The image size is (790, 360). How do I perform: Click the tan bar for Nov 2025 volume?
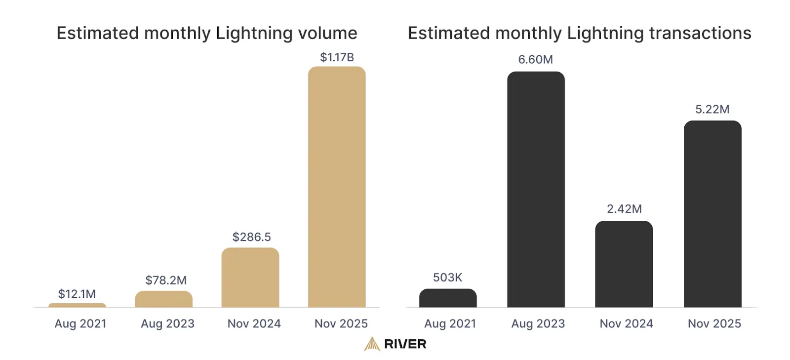point(337,188)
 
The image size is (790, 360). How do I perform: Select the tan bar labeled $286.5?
point(250,278)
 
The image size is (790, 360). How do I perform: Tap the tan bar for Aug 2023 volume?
point(163,299)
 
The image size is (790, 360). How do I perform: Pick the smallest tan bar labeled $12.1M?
point(77,305)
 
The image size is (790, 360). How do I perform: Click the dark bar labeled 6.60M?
point(536,190)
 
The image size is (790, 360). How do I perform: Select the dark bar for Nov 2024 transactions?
point(624,264)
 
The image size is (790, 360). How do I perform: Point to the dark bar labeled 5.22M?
point(712,215)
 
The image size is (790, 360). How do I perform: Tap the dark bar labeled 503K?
point(448,298)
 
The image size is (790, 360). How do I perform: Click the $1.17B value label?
point(337,57)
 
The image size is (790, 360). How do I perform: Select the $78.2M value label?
point(166,280)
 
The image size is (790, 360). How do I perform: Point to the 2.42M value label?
point(624,209)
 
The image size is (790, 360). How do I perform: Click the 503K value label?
point(447,278)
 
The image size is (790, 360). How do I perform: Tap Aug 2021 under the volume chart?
point(80,323)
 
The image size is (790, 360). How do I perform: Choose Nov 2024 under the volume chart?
point(254,323)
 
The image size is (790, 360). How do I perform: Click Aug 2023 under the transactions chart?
point(538,323)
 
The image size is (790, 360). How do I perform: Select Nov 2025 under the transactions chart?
point(714,323)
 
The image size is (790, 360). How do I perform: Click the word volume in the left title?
point(327,33)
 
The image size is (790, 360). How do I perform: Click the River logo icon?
point(372,344)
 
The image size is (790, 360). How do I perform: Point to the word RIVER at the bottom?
point(405,344)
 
